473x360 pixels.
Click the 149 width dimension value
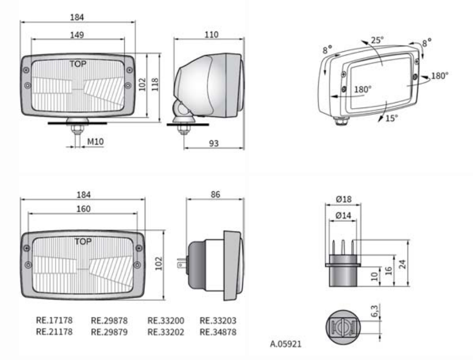click(77, 35)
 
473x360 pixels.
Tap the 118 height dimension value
click(155, 84)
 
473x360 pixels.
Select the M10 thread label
click(95, 142)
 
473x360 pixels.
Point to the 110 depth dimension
click(212, 35)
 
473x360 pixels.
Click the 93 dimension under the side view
click(214, 143)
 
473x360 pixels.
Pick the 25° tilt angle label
click(377, 40)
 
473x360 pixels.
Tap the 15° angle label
click(392, 118)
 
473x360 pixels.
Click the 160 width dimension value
click(83, 209)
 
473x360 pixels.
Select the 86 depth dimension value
click(215, 194)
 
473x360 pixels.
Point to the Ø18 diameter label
click(344, 199)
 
